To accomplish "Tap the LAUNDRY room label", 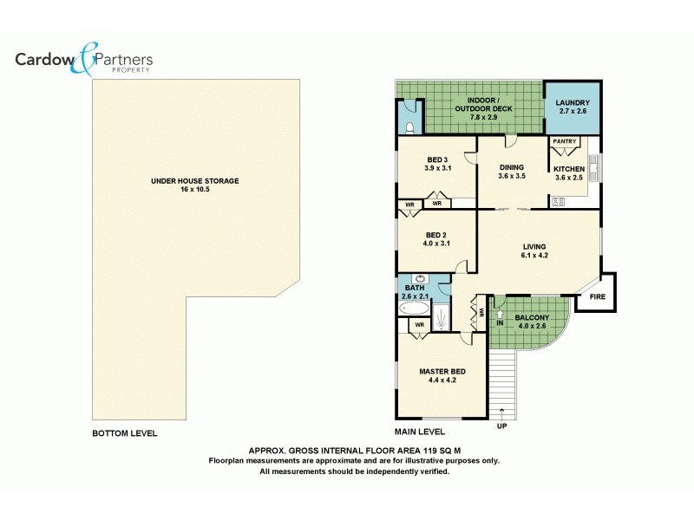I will click(572, 103).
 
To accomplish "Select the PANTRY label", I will click(563, 141).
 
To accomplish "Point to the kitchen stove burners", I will click(557, 202).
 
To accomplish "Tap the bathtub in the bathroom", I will click(414, 308).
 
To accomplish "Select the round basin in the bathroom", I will click(420, 279).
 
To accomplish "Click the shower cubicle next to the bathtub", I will click(442, 315).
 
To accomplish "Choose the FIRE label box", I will click(597, 296).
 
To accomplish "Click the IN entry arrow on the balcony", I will click(500, 319).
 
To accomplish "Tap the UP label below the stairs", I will click(501, 426).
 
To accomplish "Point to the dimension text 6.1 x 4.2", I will click(534, 256).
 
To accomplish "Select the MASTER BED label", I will click(442, 372).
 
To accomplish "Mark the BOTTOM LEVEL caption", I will click(125, 432).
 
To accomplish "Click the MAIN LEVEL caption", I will click(420, 432).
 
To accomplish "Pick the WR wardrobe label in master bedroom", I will click(419, 325).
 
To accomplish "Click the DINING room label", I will click(511, 167).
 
